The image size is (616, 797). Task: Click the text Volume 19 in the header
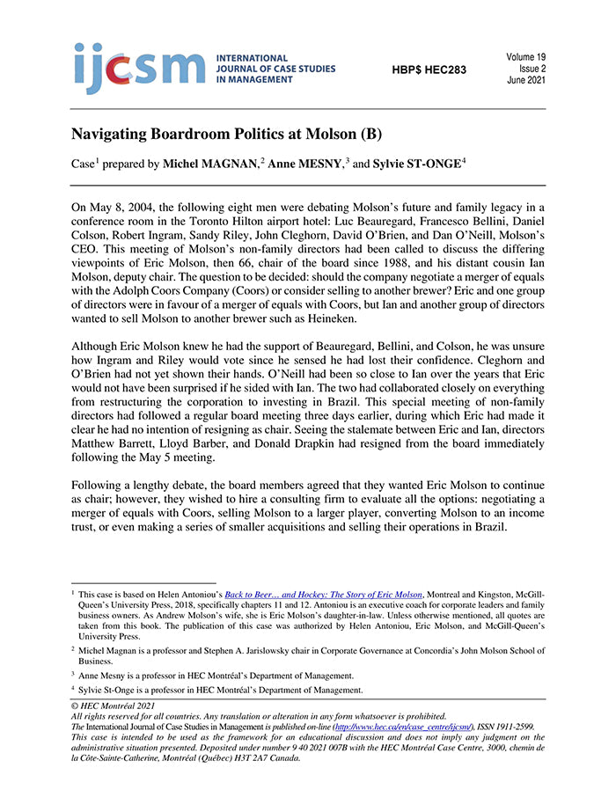click(525, 57)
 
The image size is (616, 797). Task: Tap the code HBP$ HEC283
click(429, 69)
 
